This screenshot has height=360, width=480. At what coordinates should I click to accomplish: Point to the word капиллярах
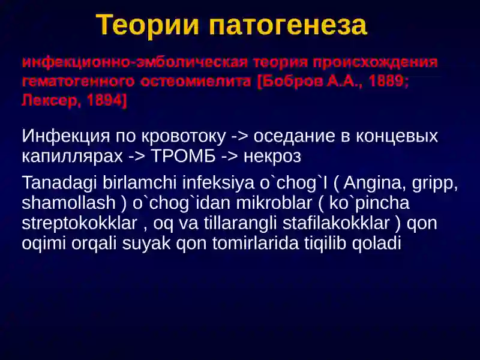[72, 157]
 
